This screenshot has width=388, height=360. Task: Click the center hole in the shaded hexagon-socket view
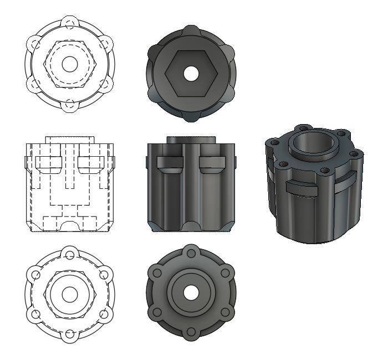coord(191,73)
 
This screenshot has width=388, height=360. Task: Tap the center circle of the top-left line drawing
coord(69,64)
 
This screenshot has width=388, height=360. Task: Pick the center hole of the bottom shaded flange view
coord(191,294)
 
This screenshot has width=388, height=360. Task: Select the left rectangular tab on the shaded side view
coord(170,162)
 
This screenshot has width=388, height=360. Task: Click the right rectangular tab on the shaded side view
coord(212,162)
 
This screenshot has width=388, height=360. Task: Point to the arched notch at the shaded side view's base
coord(191,227)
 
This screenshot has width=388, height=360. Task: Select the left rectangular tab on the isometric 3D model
coord(301,189)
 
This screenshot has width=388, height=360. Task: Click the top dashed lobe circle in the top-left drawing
coord(69,24)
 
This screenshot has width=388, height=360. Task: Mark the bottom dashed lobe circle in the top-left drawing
coord(69,104)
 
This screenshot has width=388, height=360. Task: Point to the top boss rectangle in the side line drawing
coord(69,140)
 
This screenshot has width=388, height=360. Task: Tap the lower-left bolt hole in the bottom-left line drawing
coord(35,314)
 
